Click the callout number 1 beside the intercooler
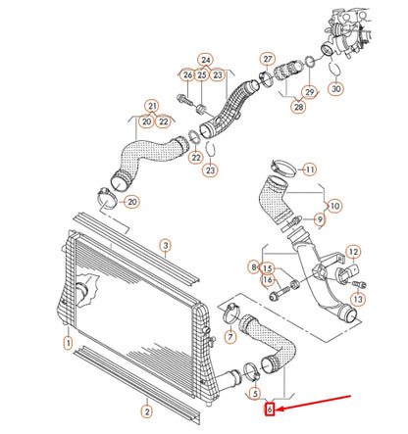68,342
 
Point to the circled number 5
253,394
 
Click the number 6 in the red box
269,410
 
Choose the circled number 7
229,338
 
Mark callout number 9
320,218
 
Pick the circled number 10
335,206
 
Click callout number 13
358,298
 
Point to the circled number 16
267,280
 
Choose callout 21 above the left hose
152,105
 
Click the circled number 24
205,59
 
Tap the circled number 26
186,74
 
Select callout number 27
266,60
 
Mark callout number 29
309,92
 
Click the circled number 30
335,87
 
